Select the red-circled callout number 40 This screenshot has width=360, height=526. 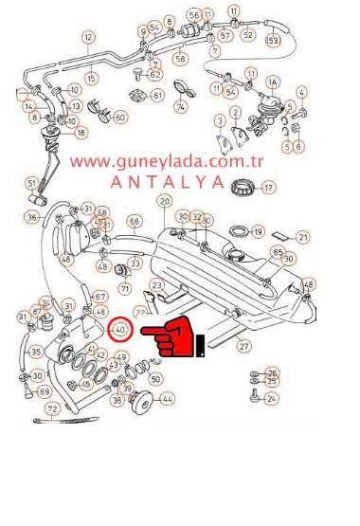coord(119,329)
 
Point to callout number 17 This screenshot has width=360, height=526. coord(268,188)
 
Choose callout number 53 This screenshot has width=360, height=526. coord(273,41)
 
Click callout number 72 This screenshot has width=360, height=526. coord(53,408)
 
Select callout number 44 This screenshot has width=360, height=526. coord(167,399)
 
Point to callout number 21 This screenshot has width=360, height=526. coord(303,237)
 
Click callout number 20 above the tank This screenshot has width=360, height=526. coord(164,201)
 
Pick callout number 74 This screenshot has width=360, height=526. coord(180,106)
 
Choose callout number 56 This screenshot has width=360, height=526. coord(194,15)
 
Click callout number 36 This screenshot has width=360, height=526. coord(32,217)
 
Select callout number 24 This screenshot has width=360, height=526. coord(272,399)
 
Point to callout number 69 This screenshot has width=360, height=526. coord(44,391)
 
